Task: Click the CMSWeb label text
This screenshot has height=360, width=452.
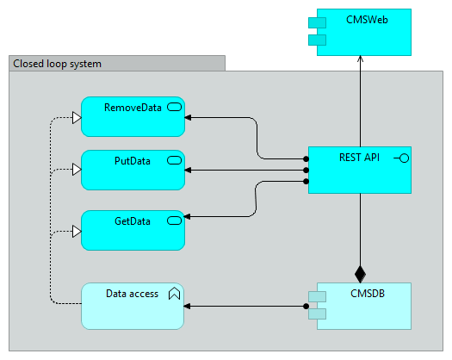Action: pos(367,20)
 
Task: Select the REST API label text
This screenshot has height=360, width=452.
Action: pos(359,158)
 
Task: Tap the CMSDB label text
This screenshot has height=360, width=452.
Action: pos(368,294)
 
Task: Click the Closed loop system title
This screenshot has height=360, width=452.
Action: pos(58,64)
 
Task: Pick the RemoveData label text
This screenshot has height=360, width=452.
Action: pos(133,108)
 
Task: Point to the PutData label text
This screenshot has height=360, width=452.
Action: pos(133,161)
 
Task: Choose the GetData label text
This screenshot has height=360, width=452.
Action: pos(133,221)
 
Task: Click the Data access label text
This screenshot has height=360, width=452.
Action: pos(132,294)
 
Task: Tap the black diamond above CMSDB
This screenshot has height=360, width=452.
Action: pos(360,275)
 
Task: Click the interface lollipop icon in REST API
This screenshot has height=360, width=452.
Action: pos(401,158)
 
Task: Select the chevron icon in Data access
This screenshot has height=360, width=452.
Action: pos(174,294)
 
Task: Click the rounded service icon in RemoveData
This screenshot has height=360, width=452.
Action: pos(175,108)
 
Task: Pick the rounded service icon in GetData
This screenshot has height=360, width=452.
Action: pos(175,220)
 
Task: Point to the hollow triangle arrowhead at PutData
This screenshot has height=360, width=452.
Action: pos(77,170)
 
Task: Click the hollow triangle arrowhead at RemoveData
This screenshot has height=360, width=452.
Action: pos(77,118)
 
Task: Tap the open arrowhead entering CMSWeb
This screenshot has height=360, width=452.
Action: pos(360,59)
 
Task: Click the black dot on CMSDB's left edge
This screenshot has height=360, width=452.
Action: pos(306,306)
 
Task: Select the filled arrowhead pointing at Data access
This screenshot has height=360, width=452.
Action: pos(187,306)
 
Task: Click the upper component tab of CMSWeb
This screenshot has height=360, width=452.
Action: pos(317,22)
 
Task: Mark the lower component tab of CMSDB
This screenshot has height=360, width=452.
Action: pos(317,313)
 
